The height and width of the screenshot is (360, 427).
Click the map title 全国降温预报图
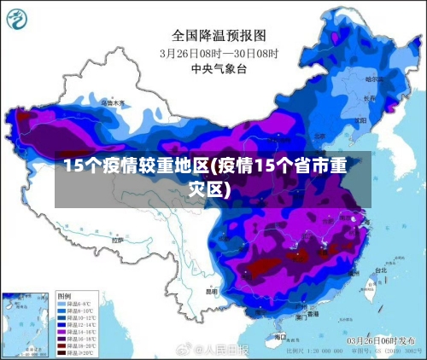click(x=219, y=36)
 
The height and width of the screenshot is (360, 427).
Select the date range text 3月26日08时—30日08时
click(x=219, y=52)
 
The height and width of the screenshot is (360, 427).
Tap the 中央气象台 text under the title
click(x=219, y=67)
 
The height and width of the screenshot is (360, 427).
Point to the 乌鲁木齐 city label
click(x=113, y=102)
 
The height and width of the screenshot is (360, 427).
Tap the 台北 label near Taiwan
click(x=379, y=270)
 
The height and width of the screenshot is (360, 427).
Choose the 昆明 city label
click(x=211, y=290)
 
